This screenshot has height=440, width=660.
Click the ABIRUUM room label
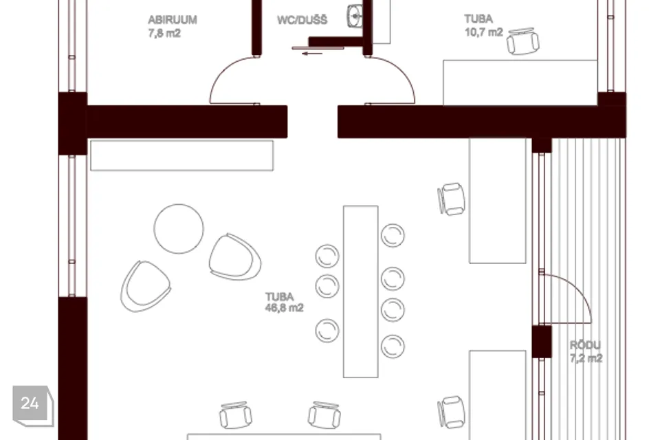point(172,20)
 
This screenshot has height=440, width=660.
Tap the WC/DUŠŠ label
point(302,20)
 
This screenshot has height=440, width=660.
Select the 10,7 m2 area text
point(483,32)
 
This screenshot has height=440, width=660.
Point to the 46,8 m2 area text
point(284,308)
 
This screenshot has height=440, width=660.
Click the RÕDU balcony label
point(585,345)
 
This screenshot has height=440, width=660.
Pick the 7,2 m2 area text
point(586,358)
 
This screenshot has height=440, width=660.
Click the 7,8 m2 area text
point(164,33)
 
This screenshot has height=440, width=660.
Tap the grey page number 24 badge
point(33,406)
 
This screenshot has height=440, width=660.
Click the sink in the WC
point(355,16)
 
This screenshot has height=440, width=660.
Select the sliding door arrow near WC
point(312,54)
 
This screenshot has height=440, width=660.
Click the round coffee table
point(179,229)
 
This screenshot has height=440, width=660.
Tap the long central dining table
point(361,291)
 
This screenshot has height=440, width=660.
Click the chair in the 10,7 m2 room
point(523,41)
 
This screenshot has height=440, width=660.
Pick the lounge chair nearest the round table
point(234,257)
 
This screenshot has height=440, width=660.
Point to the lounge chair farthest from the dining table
point(145,286)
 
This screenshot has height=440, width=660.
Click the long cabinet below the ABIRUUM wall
point(181,155)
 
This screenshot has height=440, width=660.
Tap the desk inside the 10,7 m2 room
point(520,82)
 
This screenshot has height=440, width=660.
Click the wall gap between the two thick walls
point(312,122)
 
